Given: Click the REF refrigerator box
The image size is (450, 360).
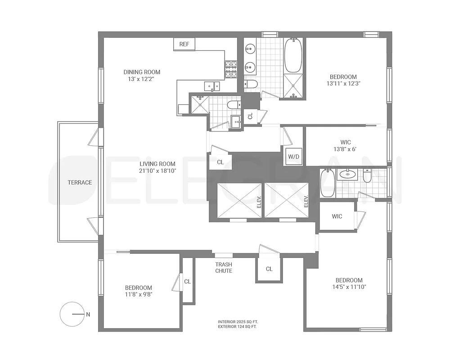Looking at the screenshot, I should pos(184,44).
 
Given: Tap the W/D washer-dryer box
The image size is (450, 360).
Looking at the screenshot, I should pos(293,157).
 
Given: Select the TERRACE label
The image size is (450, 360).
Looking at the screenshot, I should pos(80,182).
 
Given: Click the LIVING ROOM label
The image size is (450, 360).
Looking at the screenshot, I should pos(157,164).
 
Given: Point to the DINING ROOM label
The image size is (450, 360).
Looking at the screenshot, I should pos(142,72).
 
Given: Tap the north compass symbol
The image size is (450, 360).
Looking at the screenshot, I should pos(72,315).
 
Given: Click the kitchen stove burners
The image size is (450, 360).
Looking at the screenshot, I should pos(231,69).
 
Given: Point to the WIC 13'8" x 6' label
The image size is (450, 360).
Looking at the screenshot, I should pos(346,145).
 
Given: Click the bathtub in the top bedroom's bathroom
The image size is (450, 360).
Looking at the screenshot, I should pos(293,55).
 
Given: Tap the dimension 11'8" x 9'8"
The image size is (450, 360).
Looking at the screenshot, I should pos(138,295).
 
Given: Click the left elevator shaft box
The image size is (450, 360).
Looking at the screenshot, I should pos(238,201).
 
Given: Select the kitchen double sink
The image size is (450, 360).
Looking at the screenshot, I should pos(211,85).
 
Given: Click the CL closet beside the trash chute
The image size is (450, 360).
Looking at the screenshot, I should pos(269,269).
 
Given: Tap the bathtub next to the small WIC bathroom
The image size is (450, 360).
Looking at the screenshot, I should pos(327,183).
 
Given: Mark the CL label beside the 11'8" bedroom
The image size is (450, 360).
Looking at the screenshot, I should pos(188,281).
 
